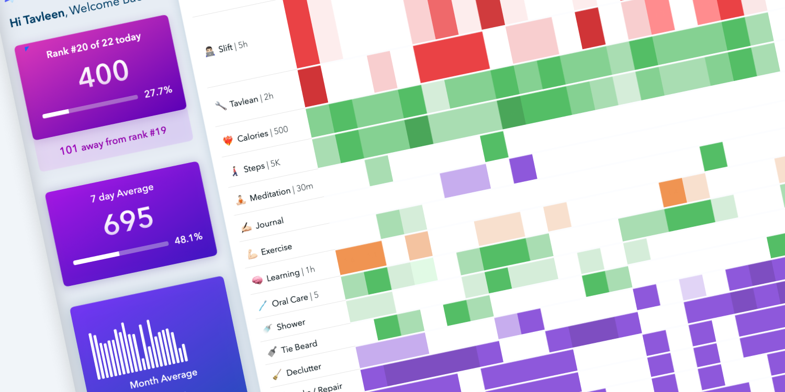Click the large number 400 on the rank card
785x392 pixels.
(x=104, y=74)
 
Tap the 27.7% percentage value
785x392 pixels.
(x=158, y=91)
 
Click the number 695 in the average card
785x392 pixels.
(x=128, y=220)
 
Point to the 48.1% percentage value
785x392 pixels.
(x=188, y=238)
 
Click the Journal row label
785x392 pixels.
(x=270, y=223)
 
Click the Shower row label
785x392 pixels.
(x=290, y=325)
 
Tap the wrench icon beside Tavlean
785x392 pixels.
(x=221, y=105)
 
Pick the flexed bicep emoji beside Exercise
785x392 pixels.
(x=252, y=254)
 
